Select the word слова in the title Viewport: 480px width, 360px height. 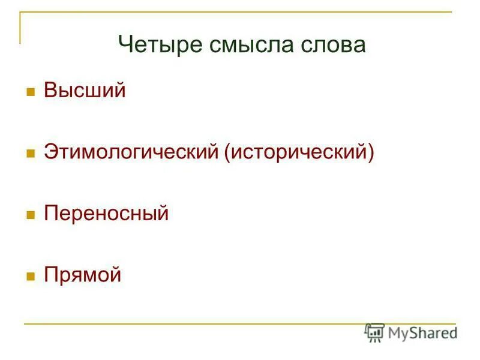tap(334, 45)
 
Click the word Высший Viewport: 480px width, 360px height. tap(85, 91)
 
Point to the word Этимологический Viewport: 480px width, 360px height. tap(131, 152)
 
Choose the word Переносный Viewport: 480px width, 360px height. tap(106, 214)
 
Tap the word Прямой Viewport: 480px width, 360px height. tap(82, 275)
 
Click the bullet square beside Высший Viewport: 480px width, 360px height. tap(29, 93)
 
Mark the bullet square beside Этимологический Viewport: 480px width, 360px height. tap(29, 154)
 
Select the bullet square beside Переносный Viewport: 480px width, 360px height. tap(29, 215)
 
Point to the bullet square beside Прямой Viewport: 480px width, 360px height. tap(29, 277)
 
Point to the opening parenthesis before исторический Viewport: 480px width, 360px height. tap(228, 152)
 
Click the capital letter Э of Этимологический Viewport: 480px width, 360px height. tap(50, 152)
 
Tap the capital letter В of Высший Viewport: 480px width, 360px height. tap(50, 91)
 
